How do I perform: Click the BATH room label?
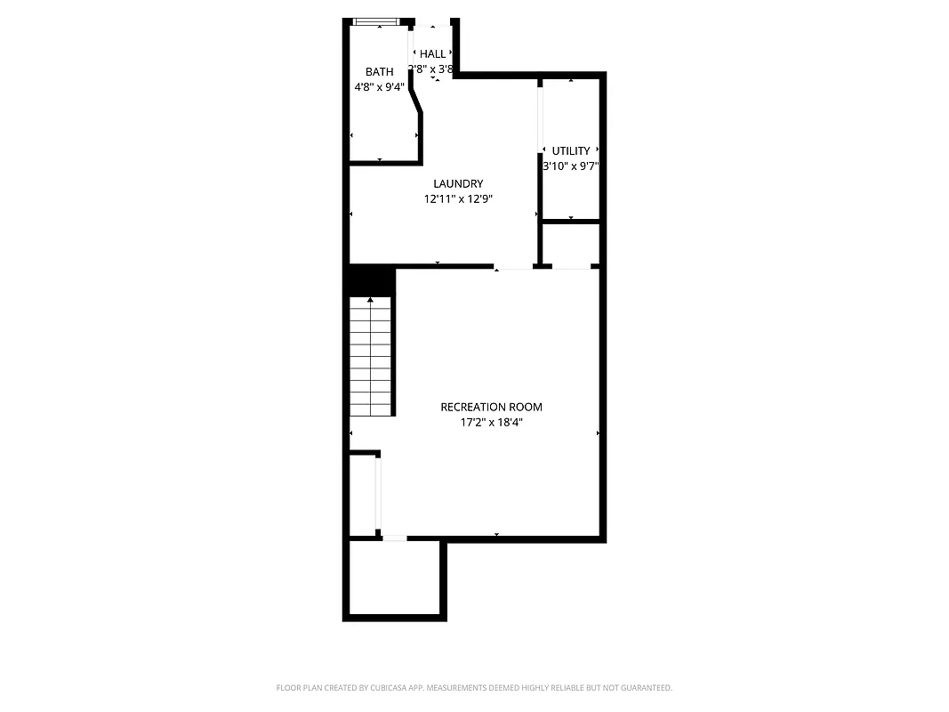coord(379,72)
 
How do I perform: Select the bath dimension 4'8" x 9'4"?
coord(379,87)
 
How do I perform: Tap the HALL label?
coord(432,54)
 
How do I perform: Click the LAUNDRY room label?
coord(458,184)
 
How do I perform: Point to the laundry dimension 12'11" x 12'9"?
coord(458,199)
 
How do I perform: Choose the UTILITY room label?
coord(570,151)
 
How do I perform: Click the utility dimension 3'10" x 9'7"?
coord(570,166)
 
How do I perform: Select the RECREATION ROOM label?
coord(491,408)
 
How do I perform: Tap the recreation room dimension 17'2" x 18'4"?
coord(491,423)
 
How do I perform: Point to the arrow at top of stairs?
coord(370,300)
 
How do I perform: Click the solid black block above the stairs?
coord(370,280)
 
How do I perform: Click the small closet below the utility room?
coord(570,243)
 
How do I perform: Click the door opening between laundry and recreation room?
coord(513,266)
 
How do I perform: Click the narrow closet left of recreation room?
coord(363,495)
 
